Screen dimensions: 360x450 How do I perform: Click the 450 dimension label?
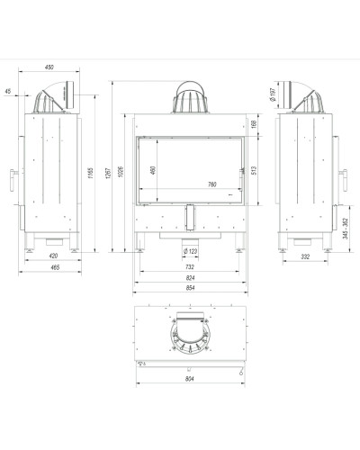click(49, 67)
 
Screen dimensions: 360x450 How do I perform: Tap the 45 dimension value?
click(8, 91)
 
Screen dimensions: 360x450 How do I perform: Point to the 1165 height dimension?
click(91, 173)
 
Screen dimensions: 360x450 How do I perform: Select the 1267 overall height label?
click(109, 173)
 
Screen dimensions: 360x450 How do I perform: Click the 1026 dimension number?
click(121, 172)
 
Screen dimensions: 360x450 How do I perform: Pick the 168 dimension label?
click(254, 124)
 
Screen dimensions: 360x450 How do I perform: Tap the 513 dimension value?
click(254, 171)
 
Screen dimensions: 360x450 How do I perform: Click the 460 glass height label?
click(153, 170)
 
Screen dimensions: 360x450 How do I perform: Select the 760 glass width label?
click(211, 184)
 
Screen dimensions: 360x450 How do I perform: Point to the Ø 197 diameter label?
click(273, 94)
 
